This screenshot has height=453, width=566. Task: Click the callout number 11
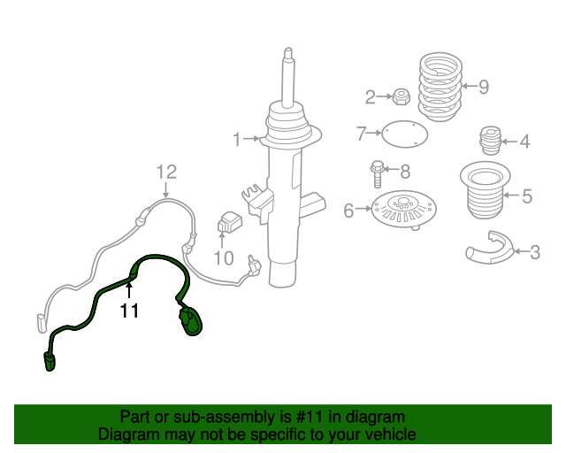(x=129, y=311)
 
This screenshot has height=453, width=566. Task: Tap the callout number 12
(x=167, y=173)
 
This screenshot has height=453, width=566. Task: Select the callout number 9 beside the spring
(x=484, y=87)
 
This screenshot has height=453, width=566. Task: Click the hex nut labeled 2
(x=401, y=96)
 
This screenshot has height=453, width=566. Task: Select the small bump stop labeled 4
(x=490, y=141)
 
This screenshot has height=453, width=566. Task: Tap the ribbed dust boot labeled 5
(x=485, y=190)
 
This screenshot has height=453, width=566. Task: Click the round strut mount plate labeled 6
(x=404, y=210)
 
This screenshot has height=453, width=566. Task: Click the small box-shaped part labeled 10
(x=230, y=222)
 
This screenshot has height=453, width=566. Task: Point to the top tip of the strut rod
(x=288, y=49)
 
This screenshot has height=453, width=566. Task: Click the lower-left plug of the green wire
(x=50, y=361)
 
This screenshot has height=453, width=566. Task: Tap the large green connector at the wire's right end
(x=190, y=320)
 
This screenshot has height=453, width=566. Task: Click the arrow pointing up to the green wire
(x=129, y=290)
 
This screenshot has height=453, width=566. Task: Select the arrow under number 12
(x=165, y=190)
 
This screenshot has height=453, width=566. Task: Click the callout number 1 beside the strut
(x=237, y=140)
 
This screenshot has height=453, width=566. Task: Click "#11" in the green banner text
(x=309, y=417)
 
